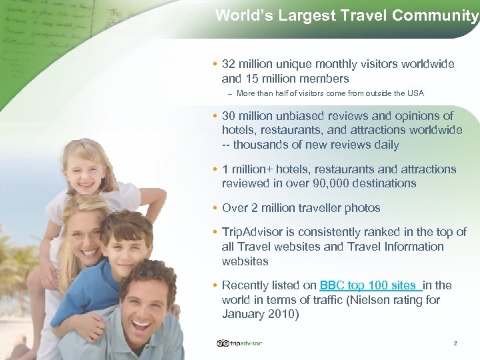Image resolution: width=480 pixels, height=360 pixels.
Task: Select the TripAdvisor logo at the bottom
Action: click(240, 343)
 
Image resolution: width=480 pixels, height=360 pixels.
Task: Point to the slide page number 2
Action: click(455, 343)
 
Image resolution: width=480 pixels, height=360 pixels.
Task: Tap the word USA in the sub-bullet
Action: click(415, 93)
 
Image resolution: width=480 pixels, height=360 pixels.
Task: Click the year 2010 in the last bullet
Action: click(282, 315)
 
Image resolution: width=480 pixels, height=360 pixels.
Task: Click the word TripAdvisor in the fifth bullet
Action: click(256, 232)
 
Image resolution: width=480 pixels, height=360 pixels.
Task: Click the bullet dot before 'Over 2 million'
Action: click(214, 208)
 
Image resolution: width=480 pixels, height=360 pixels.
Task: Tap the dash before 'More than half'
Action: click(229, 93)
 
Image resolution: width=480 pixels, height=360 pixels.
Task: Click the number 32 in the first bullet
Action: click(229, 64)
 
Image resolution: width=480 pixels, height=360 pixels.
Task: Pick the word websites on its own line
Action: click(245, 261)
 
